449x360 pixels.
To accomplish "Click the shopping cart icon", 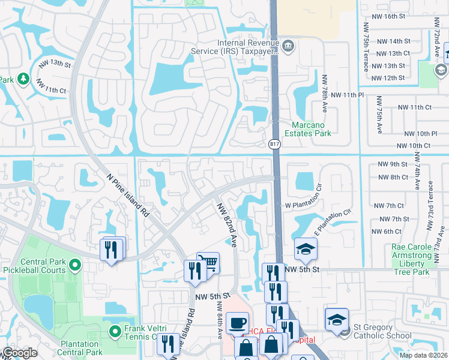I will coord(208,262).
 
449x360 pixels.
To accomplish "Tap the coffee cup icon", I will coord(237,322).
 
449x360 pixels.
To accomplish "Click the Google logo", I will coord(20,353).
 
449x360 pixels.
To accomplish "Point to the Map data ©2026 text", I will coord(423,355).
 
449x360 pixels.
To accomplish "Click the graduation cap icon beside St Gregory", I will coord(337,319).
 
